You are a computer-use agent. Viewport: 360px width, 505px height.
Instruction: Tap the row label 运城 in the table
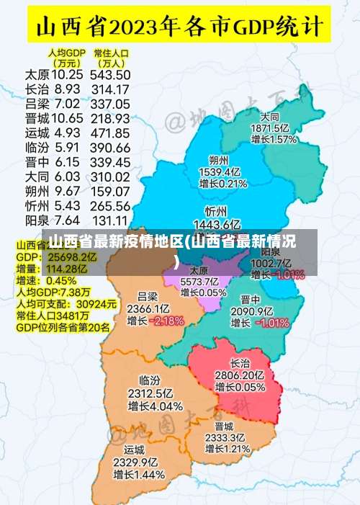point(37,133)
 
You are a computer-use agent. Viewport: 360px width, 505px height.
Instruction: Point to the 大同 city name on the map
point(271,117)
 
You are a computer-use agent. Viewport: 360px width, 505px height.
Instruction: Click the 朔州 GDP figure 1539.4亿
point(219,172)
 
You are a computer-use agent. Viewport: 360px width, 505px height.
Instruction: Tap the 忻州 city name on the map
point(216,211)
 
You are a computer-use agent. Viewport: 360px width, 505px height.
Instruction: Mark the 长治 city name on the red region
point(240,363)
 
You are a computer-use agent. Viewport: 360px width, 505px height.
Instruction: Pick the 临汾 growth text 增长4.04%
point(156,406)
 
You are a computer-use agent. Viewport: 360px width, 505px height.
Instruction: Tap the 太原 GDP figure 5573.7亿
point(199,281)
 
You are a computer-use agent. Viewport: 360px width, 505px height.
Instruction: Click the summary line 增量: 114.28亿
point(50,269)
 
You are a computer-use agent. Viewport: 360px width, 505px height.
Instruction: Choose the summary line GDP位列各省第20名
point(63,327)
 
